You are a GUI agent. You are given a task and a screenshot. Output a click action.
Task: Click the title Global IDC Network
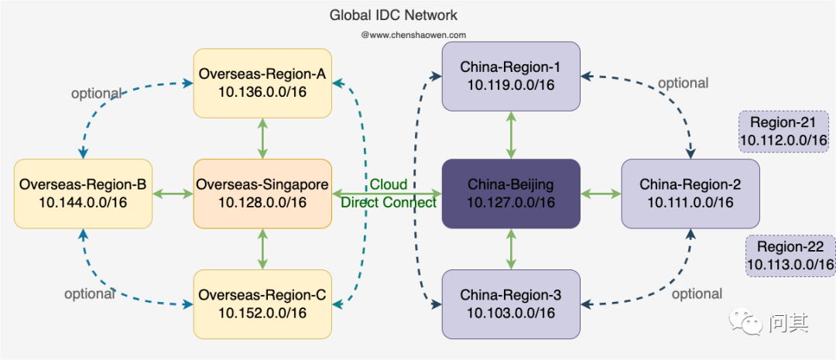(393, 15)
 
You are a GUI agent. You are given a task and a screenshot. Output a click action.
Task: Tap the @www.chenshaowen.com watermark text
(413, 35)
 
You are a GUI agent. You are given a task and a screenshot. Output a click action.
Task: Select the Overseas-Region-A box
(262, 83)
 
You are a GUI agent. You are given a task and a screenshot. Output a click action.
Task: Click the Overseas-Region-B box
(83, 194)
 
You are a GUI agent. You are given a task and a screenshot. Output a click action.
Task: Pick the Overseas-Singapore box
(262, 194)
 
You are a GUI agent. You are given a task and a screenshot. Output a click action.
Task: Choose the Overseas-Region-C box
(262, 303)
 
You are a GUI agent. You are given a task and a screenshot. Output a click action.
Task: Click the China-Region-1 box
(510, 76)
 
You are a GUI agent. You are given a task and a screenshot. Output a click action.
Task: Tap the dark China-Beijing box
(510, 194)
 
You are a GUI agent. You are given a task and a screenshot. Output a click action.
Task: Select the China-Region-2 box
(690, 194)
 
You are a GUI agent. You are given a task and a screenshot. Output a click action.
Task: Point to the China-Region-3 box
(510, 303)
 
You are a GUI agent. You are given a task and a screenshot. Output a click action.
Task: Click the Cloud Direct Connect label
(389, 194)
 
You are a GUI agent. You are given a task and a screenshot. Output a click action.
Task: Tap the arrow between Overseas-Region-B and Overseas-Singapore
(172, 194)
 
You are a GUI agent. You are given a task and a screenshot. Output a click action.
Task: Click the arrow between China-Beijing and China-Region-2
(601, 194)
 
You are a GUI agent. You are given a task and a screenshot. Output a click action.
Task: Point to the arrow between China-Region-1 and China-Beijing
(510, 134)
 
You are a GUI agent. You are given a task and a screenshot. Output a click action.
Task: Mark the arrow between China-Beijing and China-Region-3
(510, 249)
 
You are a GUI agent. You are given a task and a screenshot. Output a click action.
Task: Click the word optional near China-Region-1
(682, 83)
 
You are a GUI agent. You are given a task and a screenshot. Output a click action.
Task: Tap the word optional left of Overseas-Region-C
(89, 293)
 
